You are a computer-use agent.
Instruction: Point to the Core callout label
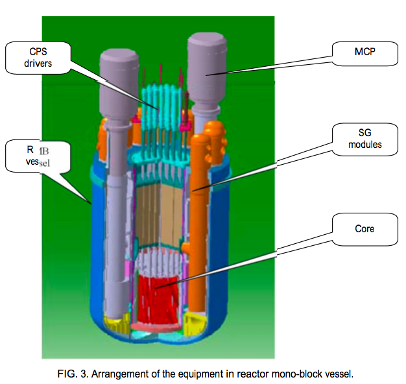pyautogui.click(x=364, y=230)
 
